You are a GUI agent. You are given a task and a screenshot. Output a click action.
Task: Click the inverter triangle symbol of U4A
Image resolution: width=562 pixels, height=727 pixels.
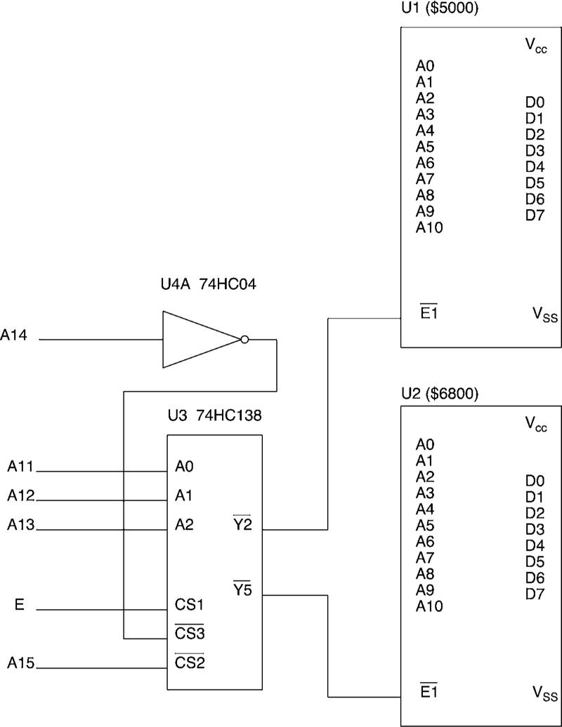pos(197,340)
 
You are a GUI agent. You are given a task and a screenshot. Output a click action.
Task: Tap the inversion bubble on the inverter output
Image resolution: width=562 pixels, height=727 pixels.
pos(244,340)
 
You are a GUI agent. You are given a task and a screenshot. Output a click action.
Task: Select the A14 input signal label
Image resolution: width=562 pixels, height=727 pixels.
pos(14,336)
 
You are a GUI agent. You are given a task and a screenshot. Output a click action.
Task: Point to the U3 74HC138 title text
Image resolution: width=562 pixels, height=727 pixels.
pos(214,415)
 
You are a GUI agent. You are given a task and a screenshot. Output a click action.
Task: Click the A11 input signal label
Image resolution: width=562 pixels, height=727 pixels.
pos(21,465)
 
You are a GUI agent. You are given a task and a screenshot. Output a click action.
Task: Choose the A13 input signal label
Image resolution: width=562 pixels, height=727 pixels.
pos(21,524)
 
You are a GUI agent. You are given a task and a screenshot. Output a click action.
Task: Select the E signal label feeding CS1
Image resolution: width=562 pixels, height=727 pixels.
pos(19,605)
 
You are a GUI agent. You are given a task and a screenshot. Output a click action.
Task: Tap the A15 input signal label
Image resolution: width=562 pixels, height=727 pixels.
pos(21,662)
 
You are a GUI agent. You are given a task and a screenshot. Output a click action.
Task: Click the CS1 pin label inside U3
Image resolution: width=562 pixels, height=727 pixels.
pos(189,605)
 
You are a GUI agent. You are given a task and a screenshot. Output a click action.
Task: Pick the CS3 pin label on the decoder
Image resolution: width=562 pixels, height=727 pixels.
pos(189,634)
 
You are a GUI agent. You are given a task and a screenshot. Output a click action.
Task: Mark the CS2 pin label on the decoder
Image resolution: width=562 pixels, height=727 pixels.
pos(189,662)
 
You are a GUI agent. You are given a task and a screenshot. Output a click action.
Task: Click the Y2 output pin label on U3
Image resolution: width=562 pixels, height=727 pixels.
pos(242,524)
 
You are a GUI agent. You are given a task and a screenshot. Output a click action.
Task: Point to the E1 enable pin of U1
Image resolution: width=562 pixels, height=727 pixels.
pos(428,313)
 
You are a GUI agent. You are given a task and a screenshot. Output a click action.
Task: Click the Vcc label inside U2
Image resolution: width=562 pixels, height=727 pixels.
pos(536,424)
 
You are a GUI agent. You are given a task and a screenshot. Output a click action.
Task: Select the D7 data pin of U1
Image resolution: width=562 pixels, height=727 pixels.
pos(535,215)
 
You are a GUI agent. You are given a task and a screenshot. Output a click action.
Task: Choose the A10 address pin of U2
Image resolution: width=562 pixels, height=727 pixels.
pos(429,606)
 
